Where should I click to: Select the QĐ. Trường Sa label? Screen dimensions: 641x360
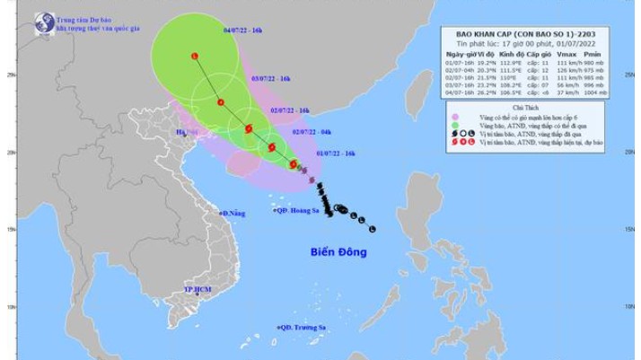[x=303, y=328]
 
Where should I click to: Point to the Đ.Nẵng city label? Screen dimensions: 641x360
[x=233, y=213]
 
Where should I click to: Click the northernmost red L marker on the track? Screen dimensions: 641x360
[x=195, y=56]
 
